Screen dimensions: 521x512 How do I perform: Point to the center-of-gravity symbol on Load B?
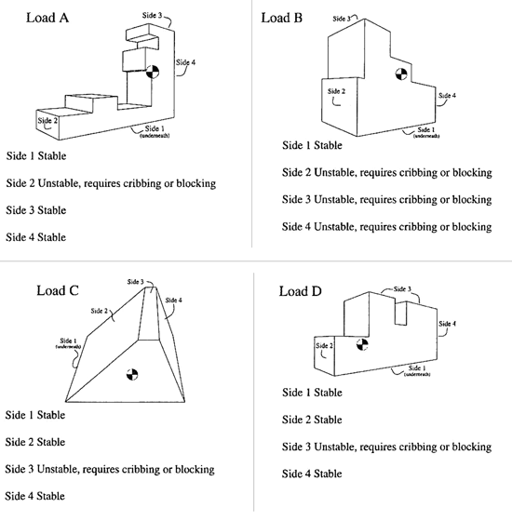[399, 74]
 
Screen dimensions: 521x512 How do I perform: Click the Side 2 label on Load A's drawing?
[47, 119]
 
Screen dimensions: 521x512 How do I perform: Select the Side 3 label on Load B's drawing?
[344, 17]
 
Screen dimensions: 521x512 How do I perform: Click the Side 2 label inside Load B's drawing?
[336, 91]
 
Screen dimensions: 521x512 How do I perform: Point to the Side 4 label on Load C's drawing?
[173, 300]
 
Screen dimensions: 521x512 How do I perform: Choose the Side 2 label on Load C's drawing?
[100, 311]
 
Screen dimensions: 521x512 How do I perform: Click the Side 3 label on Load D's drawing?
[402, 289]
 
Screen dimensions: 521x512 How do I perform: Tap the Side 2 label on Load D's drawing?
[324, 346]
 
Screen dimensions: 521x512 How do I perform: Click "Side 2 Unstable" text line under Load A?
[111, 183]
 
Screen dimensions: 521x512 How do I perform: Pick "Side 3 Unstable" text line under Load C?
[110, 469]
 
